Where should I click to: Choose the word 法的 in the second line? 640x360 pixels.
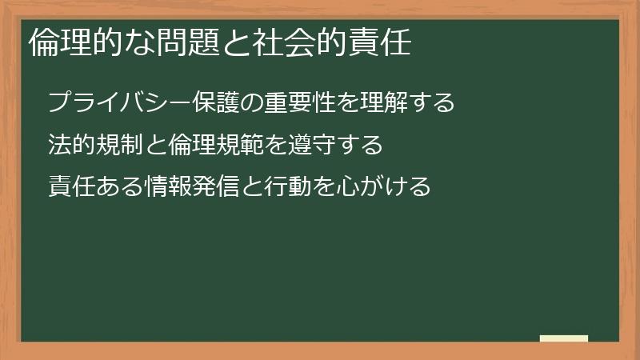(x=73, y=145)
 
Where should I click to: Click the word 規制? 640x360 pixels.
(x=120, y=145)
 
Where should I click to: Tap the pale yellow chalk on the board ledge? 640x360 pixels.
(x=564, y=338)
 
